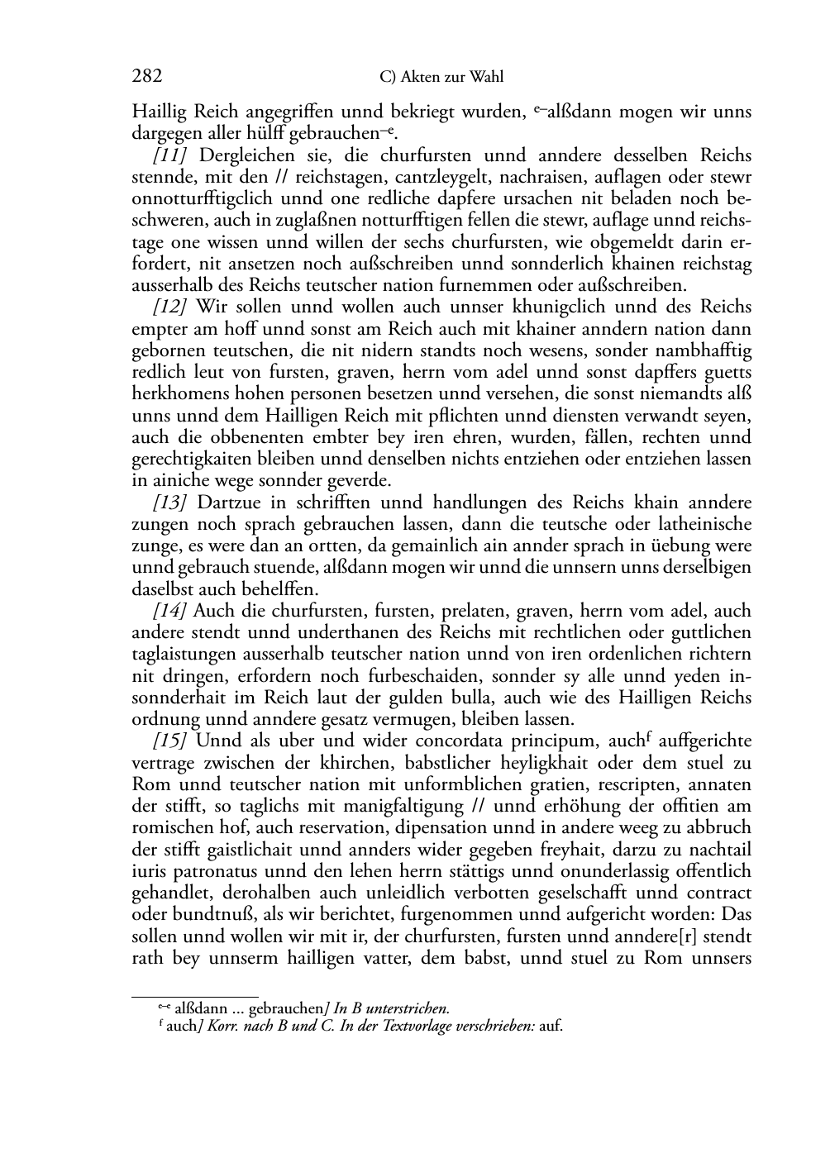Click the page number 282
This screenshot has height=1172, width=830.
[x=146, y=77]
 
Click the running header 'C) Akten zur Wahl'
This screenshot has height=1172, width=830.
[x=441, y=78]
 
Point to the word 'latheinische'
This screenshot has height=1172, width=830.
[x=702, y=525]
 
